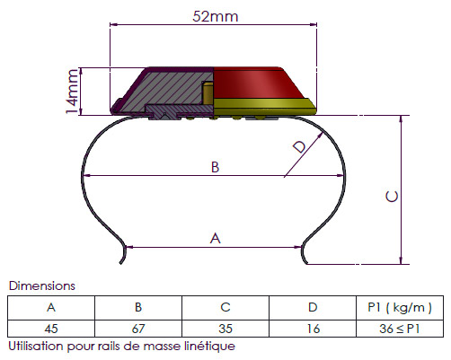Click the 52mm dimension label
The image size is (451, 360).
(216, 16)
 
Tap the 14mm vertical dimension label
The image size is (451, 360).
(72, 92)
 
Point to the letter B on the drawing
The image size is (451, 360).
(215, 167)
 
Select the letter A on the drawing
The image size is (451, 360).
(216, 239)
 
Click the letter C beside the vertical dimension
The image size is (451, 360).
(392, 197)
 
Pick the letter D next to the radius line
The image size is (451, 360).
(300, 146)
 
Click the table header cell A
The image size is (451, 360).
(51, 308)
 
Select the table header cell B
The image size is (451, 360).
(138, 308)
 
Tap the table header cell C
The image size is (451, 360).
(225, 308)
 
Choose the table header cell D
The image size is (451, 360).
(313, 308)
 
